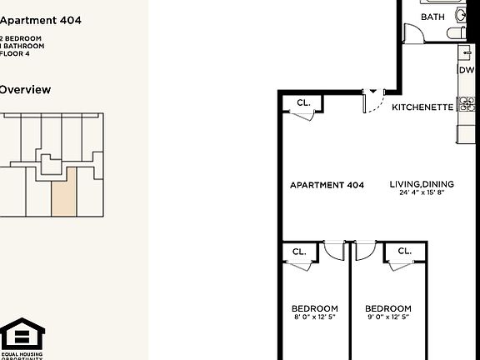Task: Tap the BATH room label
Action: [x=432, y=17]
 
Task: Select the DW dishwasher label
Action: [x=466, y=71]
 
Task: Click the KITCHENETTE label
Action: [x=422, y=107]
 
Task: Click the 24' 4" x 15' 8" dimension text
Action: [x=421, y=193]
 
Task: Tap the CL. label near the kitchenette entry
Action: [x=302, y=103]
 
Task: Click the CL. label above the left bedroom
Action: [x=298, y=251]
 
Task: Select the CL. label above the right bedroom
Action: [x=404, y=251]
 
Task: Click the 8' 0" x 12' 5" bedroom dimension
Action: [x=314, y=317]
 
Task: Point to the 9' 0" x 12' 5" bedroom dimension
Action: [x=387, y=317]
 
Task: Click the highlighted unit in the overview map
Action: [x=63, y=191]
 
